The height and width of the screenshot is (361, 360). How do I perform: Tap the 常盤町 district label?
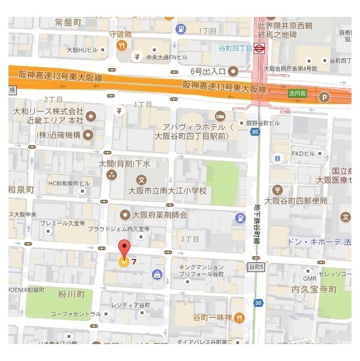click(69, 23)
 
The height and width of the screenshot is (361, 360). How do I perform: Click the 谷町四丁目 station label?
click(236, 49)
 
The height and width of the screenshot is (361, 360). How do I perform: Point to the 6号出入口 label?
click(208, 71)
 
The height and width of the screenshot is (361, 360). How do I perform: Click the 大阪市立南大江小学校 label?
click(167, 191)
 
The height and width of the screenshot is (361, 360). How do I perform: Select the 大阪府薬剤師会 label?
click(159, 214)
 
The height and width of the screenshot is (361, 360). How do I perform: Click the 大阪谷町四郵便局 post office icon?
click(276, 189)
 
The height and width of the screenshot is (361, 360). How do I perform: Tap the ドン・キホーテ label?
click(313, 242)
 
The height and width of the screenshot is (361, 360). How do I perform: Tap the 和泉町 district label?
click(21, 189)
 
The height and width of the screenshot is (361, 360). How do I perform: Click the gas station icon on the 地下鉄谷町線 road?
click(241, 217)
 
